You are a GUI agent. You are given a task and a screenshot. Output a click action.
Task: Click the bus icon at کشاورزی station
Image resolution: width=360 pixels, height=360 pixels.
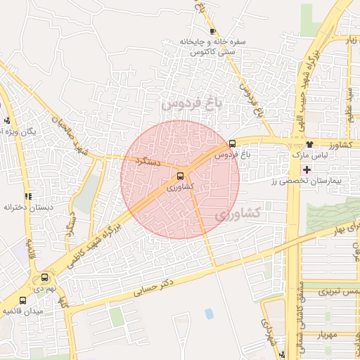click(x=181, y=176)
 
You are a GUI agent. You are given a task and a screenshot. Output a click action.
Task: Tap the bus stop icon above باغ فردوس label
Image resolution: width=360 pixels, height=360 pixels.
click(x=233, y=143)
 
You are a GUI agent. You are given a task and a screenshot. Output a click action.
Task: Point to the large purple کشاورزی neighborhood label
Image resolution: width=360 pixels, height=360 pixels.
click(x=236, y=212)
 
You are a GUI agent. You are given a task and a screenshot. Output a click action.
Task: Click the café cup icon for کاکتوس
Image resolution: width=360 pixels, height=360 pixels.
click(x=212, y=31)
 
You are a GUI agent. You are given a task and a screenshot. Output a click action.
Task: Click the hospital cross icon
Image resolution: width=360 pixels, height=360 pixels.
click(x=307, y=169)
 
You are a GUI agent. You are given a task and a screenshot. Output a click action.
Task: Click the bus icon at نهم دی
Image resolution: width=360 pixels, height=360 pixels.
click(x=46, y=278)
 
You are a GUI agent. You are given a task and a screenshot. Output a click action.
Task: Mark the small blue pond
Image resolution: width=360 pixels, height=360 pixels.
click(x=209, y=313)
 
